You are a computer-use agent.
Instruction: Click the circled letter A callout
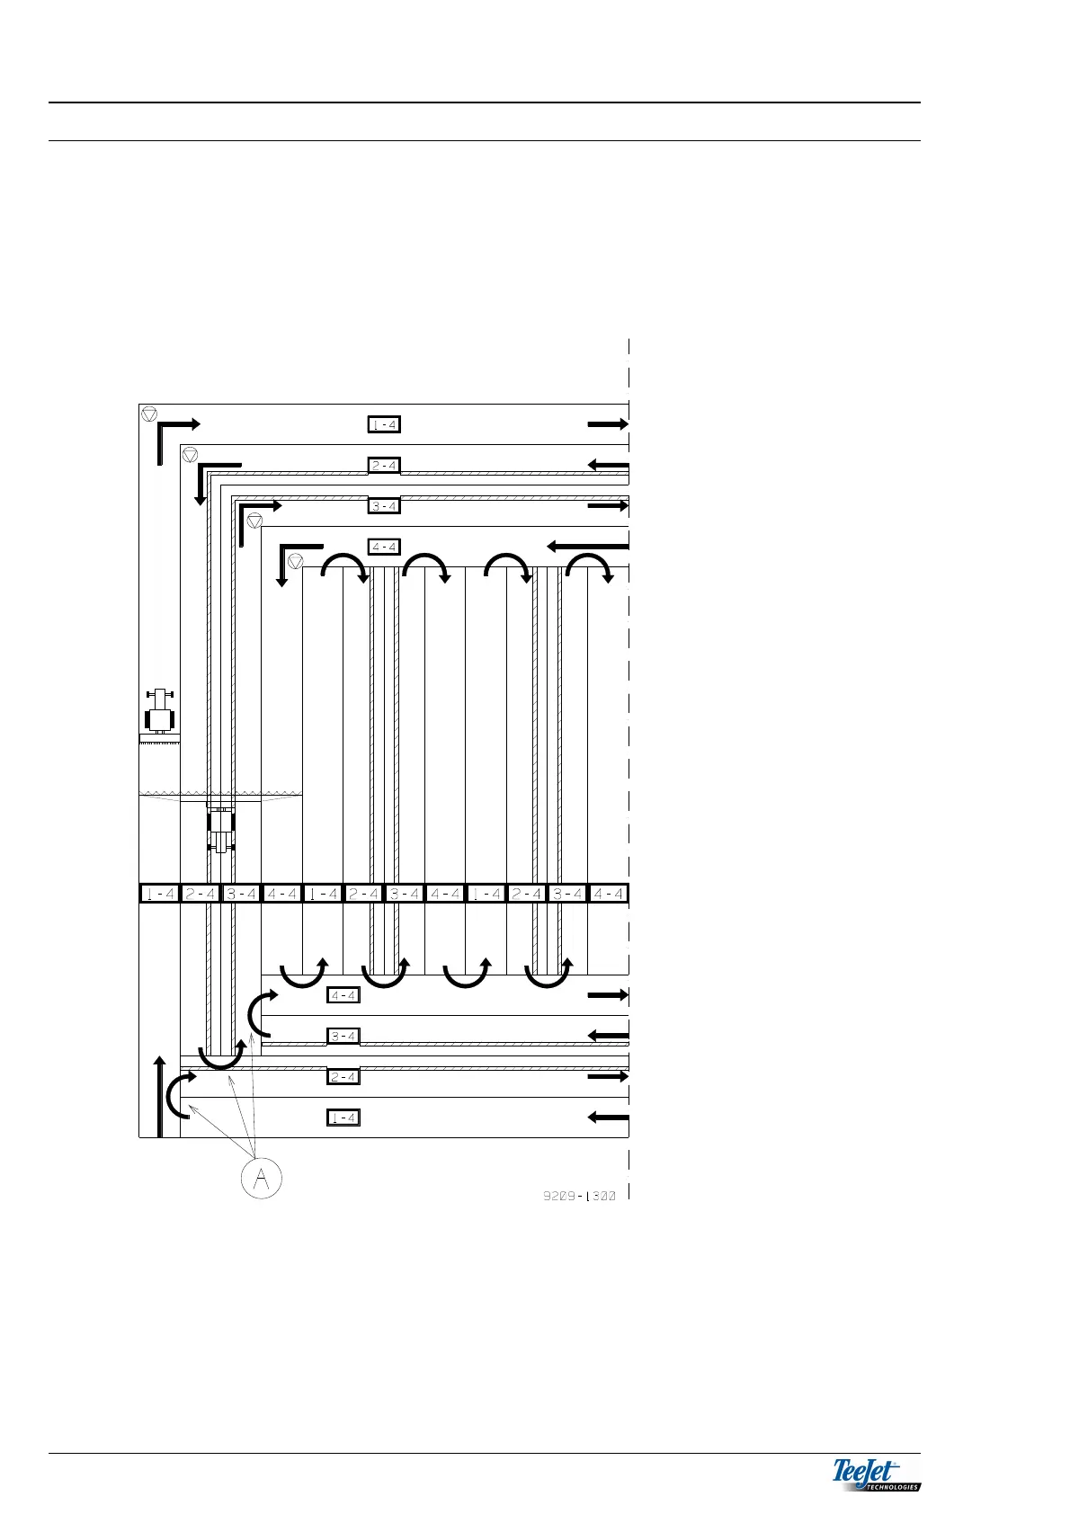point(261,1178)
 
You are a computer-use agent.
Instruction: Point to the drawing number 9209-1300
point(579,1197)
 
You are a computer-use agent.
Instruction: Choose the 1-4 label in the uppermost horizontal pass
point(384,424)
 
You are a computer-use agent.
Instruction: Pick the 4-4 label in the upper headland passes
point(384,547)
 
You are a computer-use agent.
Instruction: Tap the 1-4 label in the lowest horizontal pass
point(343,1118)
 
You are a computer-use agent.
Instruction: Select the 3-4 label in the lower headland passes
point(343,1036)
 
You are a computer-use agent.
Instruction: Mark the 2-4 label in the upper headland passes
point(384,466)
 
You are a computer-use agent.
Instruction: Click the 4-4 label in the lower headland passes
point(343,995)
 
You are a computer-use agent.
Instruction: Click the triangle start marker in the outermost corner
point(149,414)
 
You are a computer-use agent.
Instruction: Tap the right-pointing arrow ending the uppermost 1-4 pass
point(608,424)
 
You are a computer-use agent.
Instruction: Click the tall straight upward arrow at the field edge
point(160,1096)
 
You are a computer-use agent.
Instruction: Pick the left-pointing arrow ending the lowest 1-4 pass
point(608,1118)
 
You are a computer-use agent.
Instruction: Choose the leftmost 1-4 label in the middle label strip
point(159,894)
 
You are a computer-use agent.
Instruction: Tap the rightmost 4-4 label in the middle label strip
point(608,894)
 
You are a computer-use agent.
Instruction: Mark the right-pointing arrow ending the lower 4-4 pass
point(608,995)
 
